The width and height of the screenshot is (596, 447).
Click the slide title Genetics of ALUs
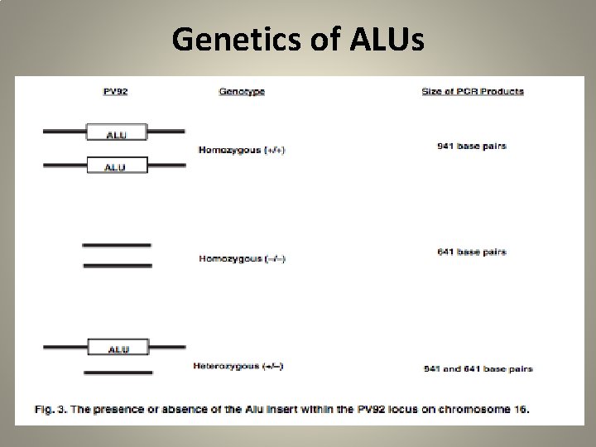tap(298, 38)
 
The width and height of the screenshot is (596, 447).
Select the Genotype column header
tap(242, 91)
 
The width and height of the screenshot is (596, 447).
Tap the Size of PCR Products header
tap(472, 91)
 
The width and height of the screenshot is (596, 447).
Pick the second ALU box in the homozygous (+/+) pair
tap(117, 166)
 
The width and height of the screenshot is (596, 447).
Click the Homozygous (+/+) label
tap(242, 150)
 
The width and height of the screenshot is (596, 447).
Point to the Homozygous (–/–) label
tap(242, 258)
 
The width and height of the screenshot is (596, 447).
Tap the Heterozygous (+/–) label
tap(238, 365)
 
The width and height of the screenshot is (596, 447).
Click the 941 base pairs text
tap(472, 147)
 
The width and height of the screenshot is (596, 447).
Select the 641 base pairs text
tap(472, 252)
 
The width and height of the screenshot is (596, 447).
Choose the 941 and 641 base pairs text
tap(478, 368)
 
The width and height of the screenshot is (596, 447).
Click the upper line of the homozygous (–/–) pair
tap(117, 245)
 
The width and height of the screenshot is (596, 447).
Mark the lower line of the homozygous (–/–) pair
tap(117, 265)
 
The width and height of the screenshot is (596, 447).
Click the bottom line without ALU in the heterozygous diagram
tap(117, 373)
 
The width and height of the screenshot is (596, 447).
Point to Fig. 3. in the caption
tap(50, 409)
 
